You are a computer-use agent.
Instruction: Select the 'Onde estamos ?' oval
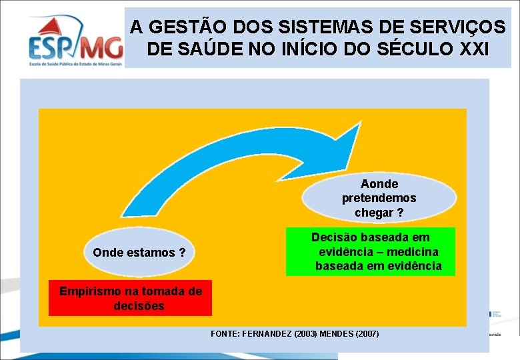click(139, 253)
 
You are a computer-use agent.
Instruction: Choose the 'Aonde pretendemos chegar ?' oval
click(379, 198)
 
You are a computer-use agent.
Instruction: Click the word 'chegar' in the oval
click(375, 213)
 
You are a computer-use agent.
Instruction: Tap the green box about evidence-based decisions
click(370, 251)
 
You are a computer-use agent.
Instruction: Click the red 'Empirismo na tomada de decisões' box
click(130, 298)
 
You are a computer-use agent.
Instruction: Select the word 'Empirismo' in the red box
click(89, 291)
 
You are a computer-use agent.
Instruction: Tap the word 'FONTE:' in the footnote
click(224, 333)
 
